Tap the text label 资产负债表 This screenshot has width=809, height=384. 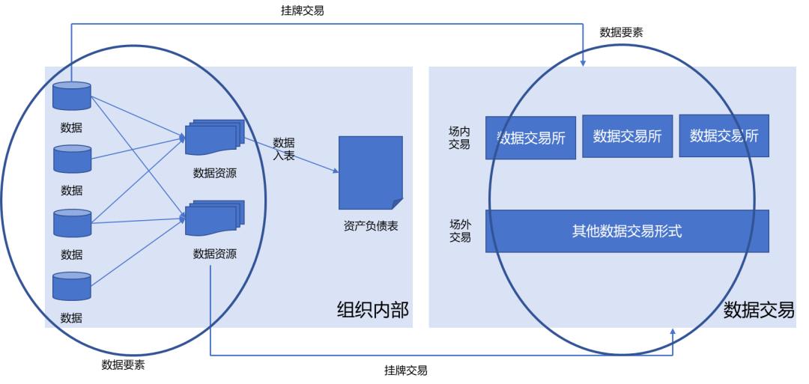tap(370, 226)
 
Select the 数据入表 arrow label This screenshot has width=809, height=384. tap(283, 148)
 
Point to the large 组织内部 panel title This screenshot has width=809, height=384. tap(373, 309)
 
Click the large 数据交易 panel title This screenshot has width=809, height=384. tap(759, 309)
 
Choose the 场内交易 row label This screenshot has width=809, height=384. tap(459, 138)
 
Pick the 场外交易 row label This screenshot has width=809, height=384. tap(459, 231)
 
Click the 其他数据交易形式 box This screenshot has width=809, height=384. tap(627, 231)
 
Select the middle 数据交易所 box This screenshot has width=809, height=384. tap(627, 135)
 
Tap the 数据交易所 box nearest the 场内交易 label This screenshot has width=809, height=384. tap(531, 138)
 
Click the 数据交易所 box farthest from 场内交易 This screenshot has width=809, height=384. tap(724, 135)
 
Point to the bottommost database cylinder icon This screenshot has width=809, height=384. tap(72, 286)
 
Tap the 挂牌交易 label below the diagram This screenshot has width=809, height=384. tap(406, 370)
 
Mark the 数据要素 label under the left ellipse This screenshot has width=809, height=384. tap(124, 365)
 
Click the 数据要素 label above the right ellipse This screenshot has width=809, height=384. tap(621, 32)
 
